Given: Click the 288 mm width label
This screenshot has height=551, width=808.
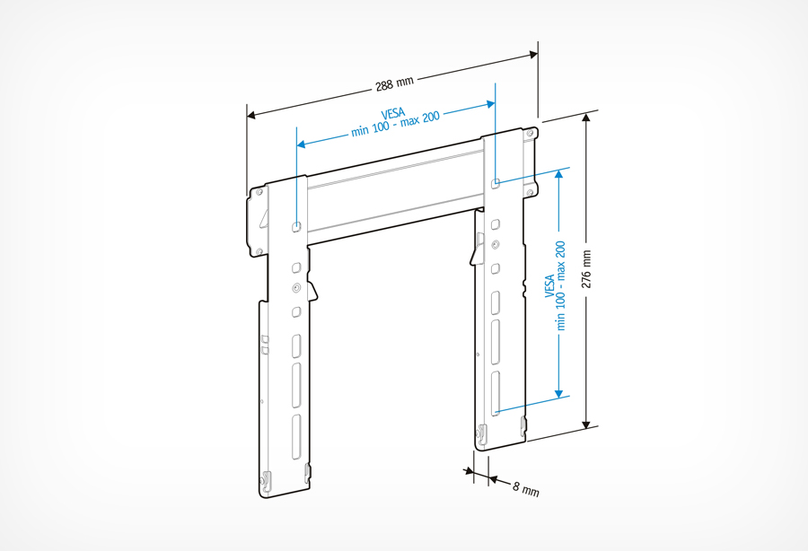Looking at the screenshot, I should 395,83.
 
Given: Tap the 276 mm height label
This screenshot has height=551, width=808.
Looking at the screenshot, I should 588,268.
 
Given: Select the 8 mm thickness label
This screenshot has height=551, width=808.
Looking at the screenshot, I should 526,490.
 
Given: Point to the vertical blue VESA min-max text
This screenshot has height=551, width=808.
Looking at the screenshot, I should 556,284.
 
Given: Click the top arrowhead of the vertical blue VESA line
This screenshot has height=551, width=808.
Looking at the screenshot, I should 560,173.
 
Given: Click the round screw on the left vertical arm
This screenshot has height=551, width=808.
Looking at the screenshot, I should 296,289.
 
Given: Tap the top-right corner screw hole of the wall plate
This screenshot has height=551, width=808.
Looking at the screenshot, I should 531,133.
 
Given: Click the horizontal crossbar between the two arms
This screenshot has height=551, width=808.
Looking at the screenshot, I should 395,193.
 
